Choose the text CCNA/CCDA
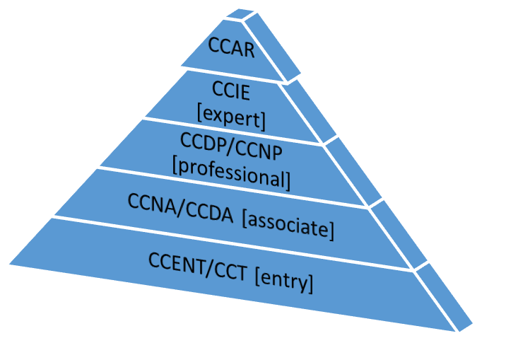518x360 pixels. (x=180, y=206)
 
